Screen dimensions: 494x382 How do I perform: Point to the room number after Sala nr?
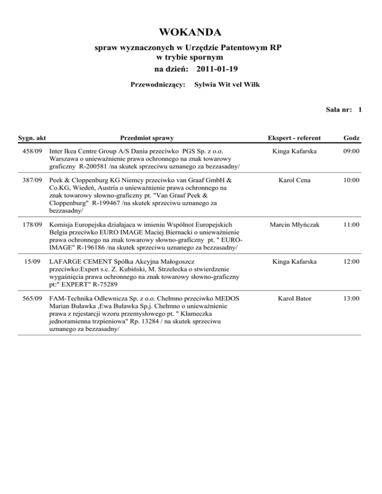(x=359, y=110)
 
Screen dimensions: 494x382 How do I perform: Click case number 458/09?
(x=33, y=151)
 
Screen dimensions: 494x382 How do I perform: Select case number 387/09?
(x=33, y=178)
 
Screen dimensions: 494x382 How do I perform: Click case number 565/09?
(x=33, y=298)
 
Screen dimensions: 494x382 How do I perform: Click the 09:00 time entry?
(x=351, y=151)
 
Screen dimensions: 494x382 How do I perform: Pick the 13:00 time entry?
(x=351, y=298)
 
